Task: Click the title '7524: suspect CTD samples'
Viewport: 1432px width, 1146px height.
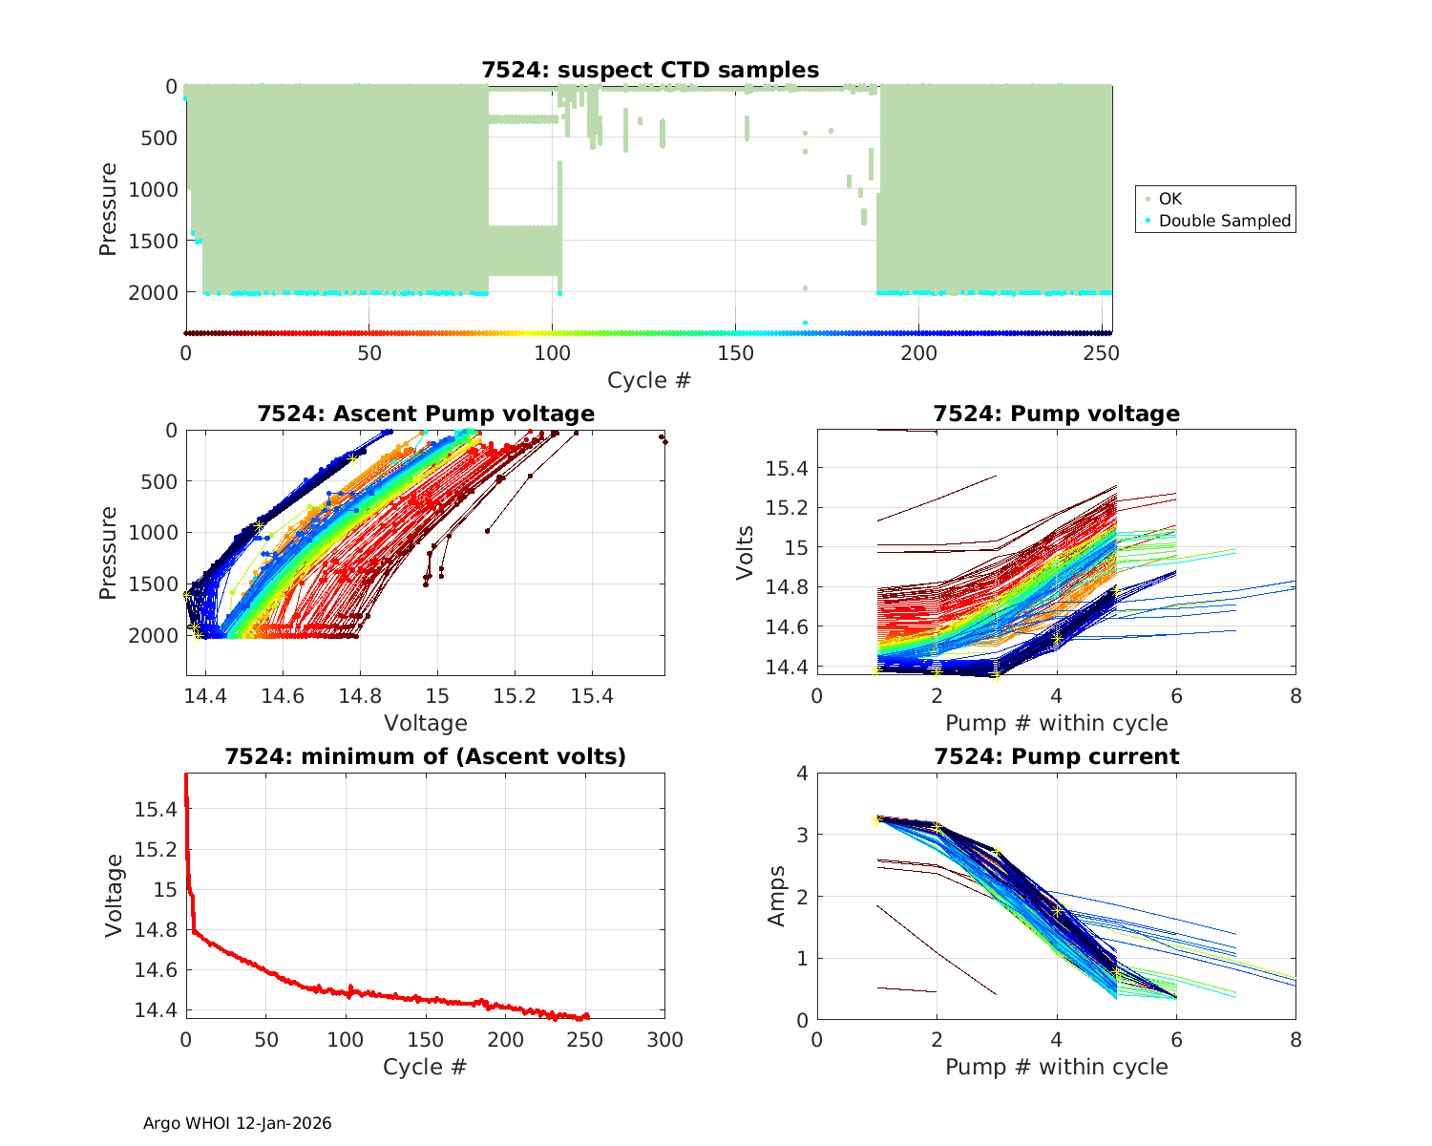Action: pyautogui.click(x=649, y=70)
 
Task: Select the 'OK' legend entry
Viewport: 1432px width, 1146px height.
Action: pyautogui.click(x=1169, y=199)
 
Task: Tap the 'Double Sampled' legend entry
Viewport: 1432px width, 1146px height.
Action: pyautogui.click(x=1224, y=221)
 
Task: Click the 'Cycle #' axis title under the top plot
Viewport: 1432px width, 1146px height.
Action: pyautogui.click(x=649, y=380)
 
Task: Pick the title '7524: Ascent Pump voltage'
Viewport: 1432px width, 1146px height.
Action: pyautogui.click(x=426, y=414)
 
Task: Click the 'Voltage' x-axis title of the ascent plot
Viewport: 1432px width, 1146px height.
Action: pyautogui.click(x=426, y=723)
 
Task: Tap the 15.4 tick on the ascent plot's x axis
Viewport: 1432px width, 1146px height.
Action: pyautogui.click(x=592, y=697)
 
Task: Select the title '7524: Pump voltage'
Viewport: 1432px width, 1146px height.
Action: pyautogui.click(x=1056, y=414)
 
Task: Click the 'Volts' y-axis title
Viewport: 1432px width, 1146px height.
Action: pyautogui.click(x=746, y=552)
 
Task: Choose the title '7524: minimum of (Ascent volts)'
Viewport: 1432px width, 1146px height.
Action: pyautogui.click(x=426, y=756)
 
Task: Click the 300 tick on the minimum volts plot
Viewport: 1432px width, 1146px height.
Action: pyautogui.click(x=664, y=1040)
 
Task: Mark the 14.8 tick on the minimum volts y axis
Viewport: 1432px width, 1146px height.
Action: pyautogui.click(x=156, y=930)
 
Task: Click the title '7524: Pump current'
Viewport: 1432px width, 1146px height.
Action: pyautogui.click(x=1056, y=756)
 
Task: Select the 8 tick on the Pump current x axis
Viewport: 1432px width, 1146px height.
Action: pyautogui.click(x=1295, y=1040)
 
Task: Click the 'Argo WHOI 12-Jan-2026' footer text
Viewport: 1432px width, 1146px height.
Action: pyautogui.click(x=237, y=1123)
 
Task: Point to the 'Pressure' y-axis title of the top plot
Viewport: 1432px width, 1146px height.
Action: pyautogui.click(x=108, y=209)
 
